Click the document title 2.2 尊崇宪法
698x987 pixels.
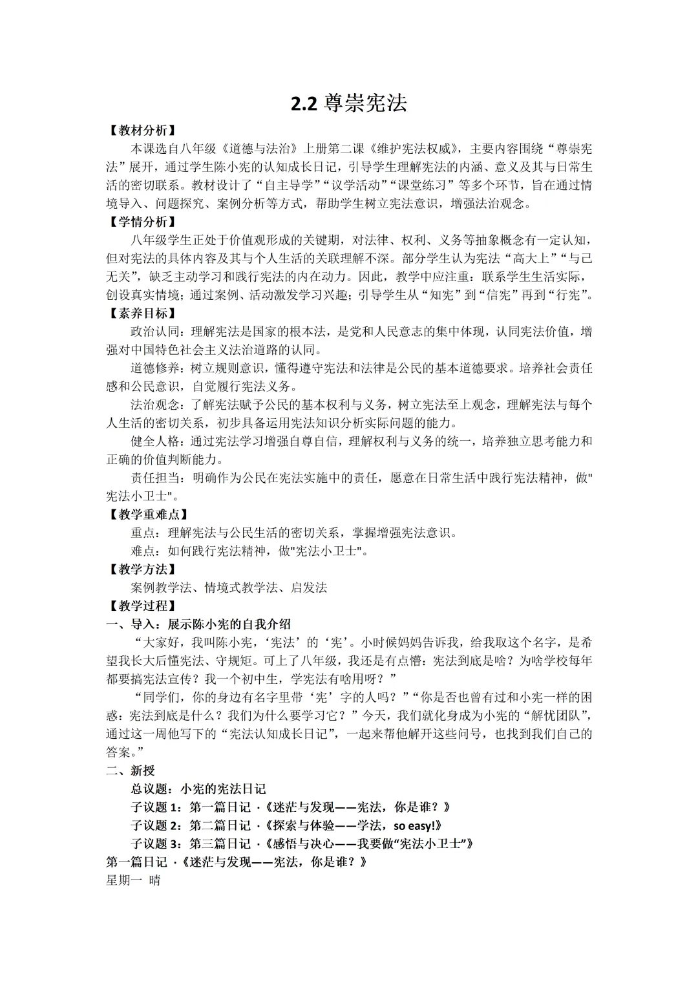[348, 103]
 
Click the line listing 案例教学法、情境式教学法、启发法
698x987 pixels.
[229, 588]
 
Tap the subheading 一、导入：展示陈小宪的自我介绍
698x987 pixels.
[198, 624]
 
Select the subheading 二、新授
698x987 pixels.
[131, 770]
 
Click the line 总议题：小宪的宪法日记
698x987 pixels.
[198, 789]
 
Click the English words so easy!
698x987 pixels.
[417, 825]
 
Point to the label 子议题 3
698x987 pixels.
[157, 844]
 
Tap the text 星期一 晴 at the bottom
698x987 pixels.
[133, 880]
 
